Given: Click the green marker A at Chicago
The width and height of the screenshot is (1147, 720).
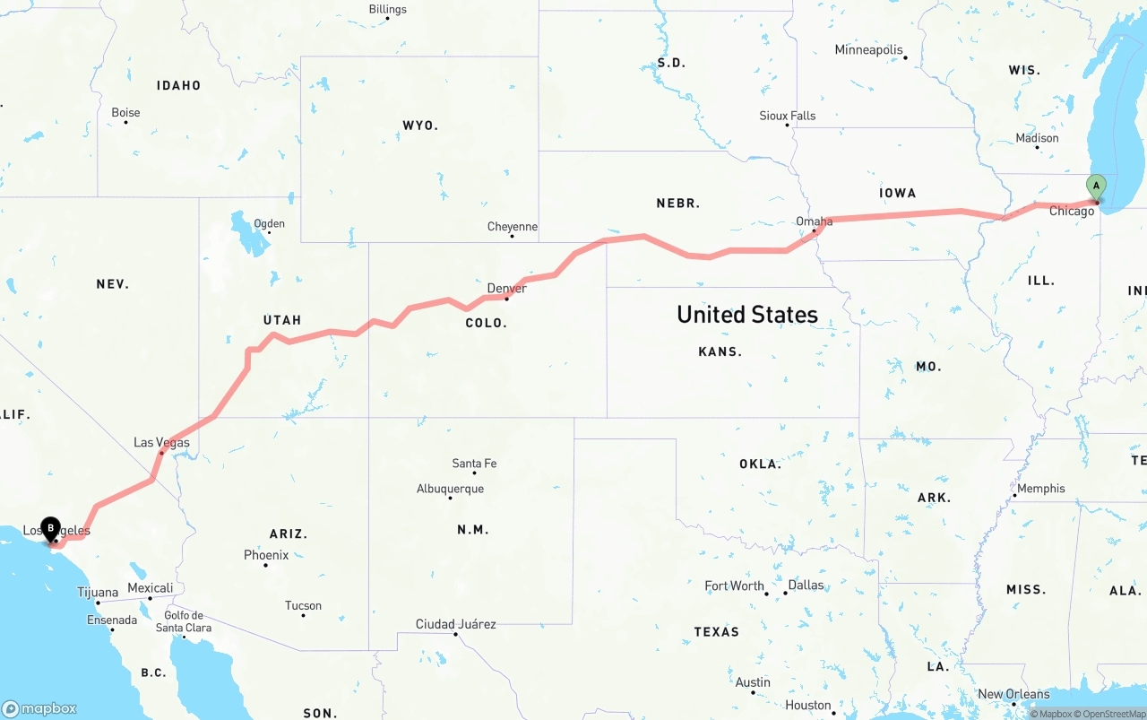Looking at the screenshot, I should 1095,186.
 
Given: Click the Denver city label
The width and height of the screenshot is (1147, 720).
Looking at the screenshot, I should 506,288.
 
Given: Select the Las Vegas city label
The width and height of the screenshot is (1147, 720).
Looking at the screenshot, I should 161,442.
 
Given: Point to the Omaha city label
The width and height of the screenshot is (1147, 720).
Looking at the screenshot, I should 814,221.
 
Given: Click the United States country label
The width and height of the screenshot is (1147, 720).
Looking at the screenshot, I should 746,315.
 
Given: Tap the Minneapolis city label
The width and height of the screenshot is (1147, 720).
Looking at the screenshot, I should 868,50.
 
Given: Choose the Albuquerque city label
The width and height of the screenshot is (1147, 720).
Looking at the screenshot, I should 450,489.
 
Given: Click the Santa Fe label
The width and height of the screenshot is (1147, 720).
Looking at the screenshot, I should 474,464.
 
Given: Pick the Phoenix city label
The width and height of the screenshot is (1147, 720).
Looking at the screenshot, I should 266,555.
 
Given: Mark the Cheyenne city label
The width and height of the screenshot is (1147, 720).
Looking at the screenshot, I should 512,227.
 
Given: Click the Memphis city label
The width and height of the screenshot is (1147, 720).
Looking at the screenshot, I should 1041,489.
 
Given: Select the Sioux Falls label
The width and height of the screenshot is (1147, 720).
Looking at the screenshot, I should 787,116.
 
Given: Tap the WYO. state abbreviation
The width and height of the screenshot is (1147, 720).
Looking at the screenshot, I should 420,126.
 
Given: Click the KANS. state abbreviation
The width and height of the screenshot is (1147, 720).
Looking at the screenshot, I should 720,351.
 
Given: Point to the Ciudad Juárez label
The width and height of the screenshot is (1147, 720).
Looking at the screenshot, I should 455,624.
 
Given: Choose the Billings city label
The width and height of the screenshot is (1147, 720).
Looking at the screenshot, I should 387,10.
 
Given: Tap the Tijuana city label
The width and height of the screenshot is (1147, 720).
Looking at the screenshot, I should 97,592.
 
